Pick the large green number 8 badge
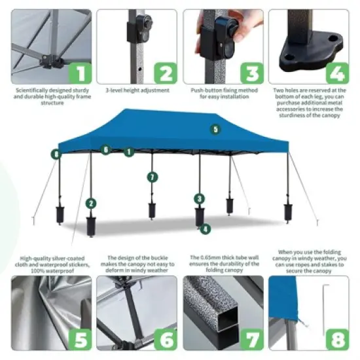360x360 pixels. pyautogui.click(x=338, y=338)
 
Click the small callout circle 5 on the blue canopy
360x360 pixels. pyautogui.click(x=216, y=129)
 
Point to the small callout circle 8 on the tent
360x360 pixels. pyautogui.click(x=57, y=154)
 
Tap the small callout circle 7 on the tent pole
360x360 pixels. pyautogui.click(x=152, y=177)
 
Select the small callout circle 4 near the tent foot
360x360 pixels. pyautogui.click(x=206, y=229)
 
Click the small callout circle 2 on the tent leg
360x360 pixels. pyautogui.click(x=91, y=204)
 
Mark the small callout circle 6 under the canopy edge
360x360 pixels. pyautogui.click(x=105, y=150)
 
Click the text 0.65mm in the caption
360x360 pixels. pyautogui.click(x=210, y=257)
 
